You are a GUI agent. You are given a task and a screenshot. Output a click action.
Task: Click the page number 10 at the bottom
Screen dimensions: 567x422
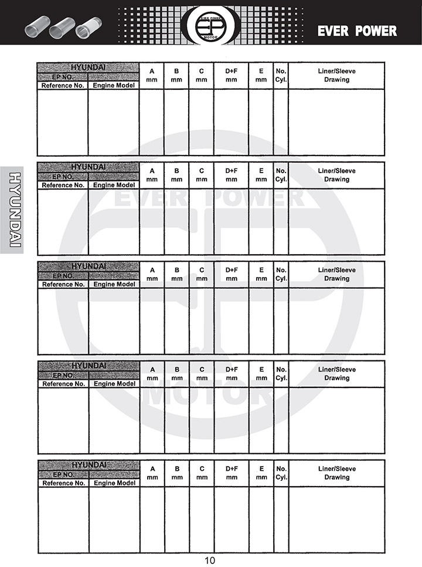point(210,560)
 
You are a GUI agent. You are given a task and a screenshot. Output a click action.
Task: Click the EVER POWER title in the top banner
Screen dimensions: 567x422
point(357,31)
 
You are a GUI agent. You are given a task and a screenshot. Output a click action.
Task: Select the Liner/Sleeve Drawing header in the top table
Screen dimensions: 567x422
point(336,75)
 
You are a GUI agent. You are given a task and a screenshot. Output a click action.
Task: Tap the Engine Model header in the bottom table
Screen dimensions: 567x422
point(114,483)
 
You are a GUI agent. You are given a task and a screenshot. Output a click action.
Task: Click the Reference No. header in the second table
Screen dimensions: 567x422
point(63,185)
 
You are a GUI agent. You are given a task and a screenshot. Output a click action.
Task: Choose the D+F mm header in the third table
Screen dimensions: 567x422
point(232,274)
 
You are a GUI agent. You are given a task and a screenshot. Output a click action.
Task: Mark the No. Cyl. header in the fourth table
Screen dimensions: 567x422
point(281,373)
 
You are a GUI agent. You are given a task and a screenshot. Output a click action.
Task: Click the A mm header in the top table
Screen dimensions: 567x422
point(152,75)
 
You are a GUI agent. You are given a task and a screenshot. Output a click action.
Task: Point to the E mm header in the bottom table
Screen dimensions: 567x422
point(261,473)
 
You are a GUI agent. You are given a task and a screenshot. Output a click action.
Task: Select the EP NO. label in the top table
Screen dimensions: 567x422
point(63,77)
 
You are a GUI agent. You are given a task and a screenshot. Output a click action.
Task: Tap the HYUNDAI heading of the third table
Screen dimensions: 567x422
point(89,266)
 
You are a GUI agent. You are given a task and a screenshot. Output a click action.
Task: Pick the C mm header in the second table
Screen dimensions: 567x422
point(202,175)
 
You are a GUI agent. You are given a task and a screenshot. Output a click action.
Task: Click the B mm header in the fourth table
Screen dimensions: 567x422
point(177,373)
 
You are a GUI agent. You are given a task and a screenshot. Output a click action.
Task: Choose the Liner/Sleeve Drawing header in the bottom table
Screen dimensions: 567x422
point(336,473)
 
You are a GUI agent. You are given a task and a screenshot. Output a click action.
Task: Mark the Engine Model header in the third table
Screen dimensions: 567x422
point(114,284)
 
